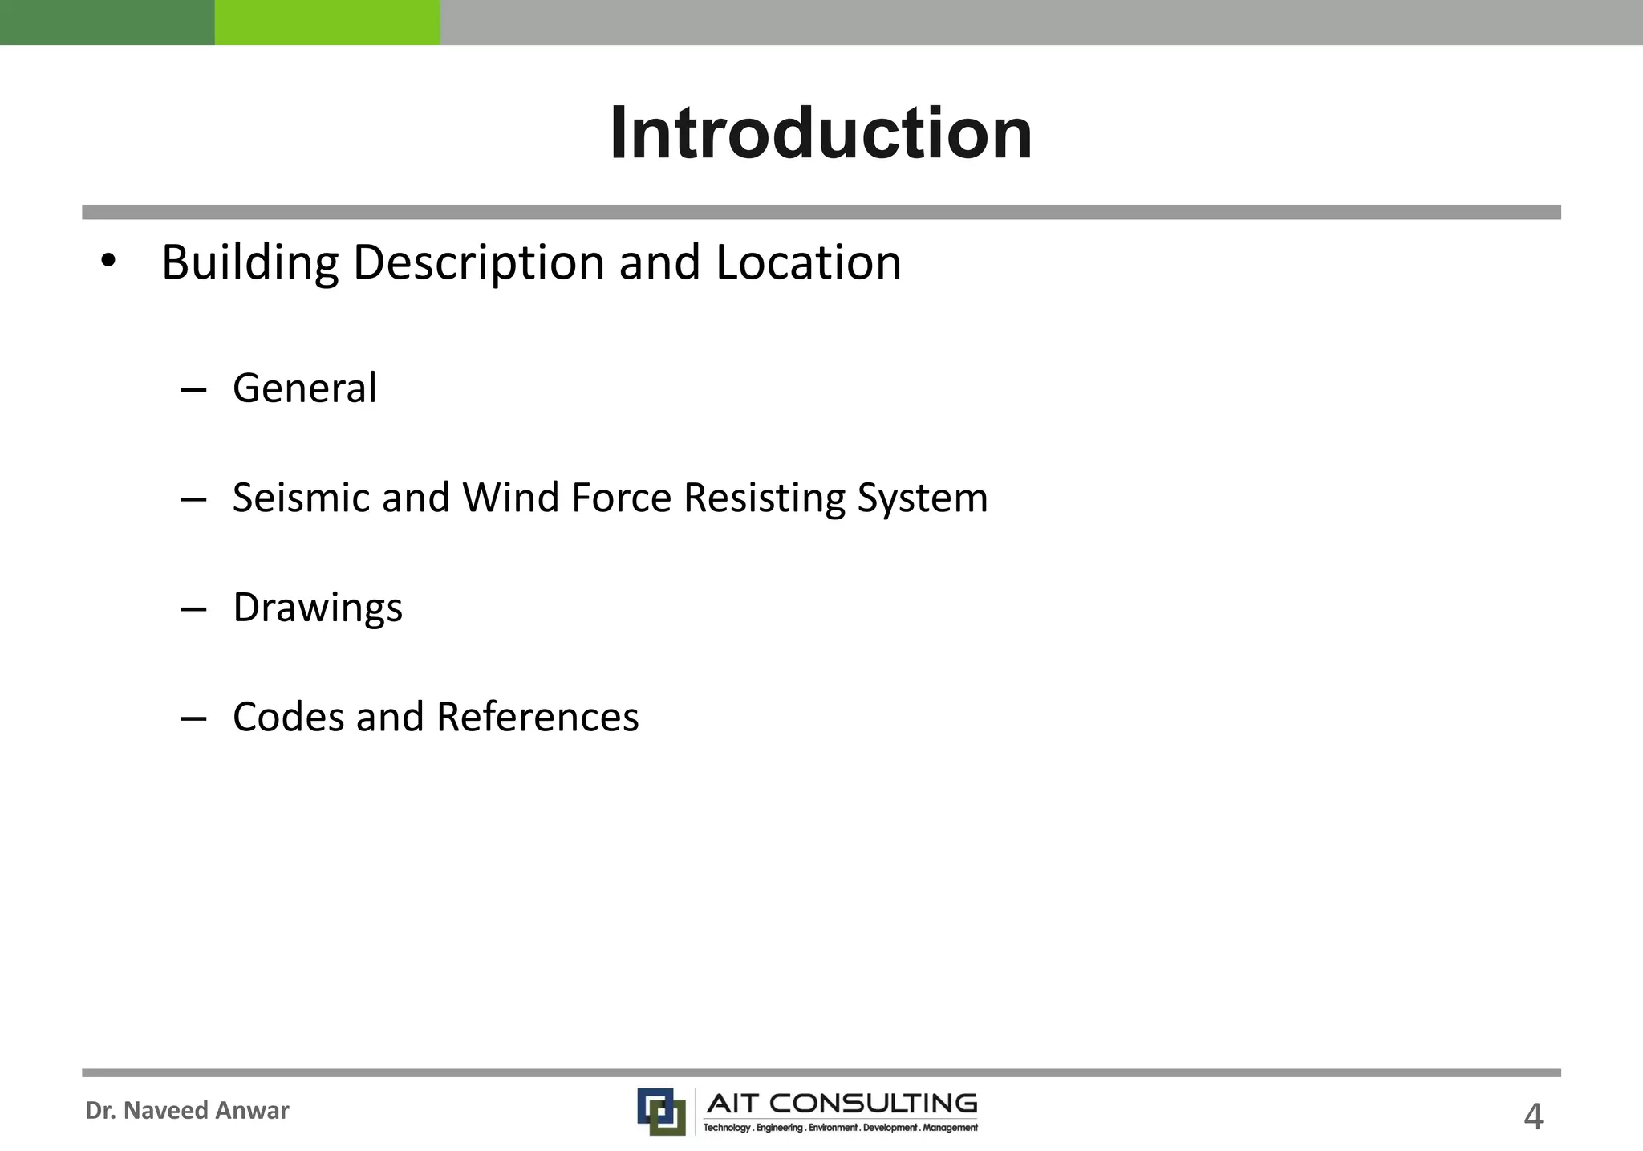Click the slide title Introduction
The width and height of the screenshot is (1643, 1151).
pos(821,133)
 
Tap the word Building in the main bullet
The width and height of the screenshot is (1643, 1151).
pos(250,262)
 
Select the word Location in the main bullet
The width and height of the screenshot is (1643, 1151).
pos(809,262)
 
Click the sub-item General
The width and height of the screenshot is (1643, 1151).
pos(305,388)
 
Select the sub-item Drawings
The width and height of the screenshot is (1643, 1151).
pos(318,608)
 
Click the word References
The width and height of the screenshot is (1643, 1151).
pos(538,717)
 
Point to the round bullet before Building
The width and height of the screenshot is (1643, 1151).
pos(108,261)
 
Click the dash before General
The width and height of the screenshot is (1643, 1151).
pos(193,391)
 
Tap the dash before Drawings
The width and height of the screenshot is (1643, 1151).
pos(193,610)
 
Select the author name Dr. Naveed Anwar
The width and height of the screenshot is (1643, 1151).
pos(187,1110)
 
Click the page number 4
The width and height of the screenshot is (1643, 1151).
pos(1532,1116)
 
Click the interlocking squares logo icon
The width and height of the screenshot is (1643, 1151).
pos(661,1111)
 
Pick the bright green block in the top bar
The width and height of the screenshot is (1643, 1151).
pos(327,22)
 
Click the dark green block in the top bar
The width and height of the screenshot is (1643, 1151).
pos(107,22)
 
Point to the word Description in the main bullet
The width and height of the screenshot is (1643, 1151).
pos(479,262)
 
